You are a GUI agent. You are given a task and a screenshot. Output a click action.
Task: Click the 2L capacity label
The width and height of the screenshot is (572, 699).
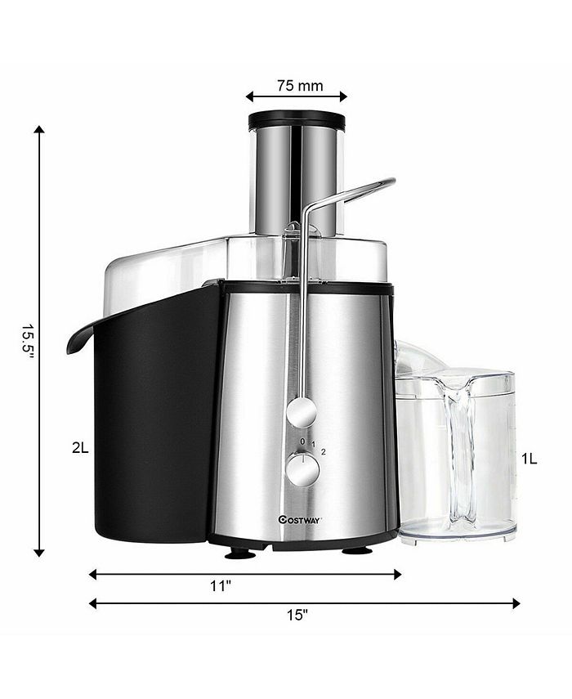[x=78, y=447]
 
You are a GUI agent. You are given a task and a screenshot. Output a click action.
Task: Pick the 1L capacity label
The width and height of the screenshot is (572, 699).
[x=530, y=459]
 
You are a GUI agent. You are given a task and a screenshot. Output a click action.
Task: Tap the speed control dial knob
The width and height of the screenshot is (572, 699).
[x=302, y=470]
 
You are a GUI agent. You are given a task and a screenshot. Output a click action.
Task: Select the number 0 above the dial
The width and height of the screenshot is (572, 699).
[x=302, y=441]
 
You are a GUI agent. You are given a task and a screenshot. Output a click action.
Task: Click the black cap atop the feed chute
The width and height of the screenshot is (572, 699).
[x=297, y=120]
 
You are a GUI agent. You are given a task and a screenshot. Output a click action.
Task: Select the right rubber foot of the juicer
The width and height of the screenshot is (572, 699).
[x=356, y=550]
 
